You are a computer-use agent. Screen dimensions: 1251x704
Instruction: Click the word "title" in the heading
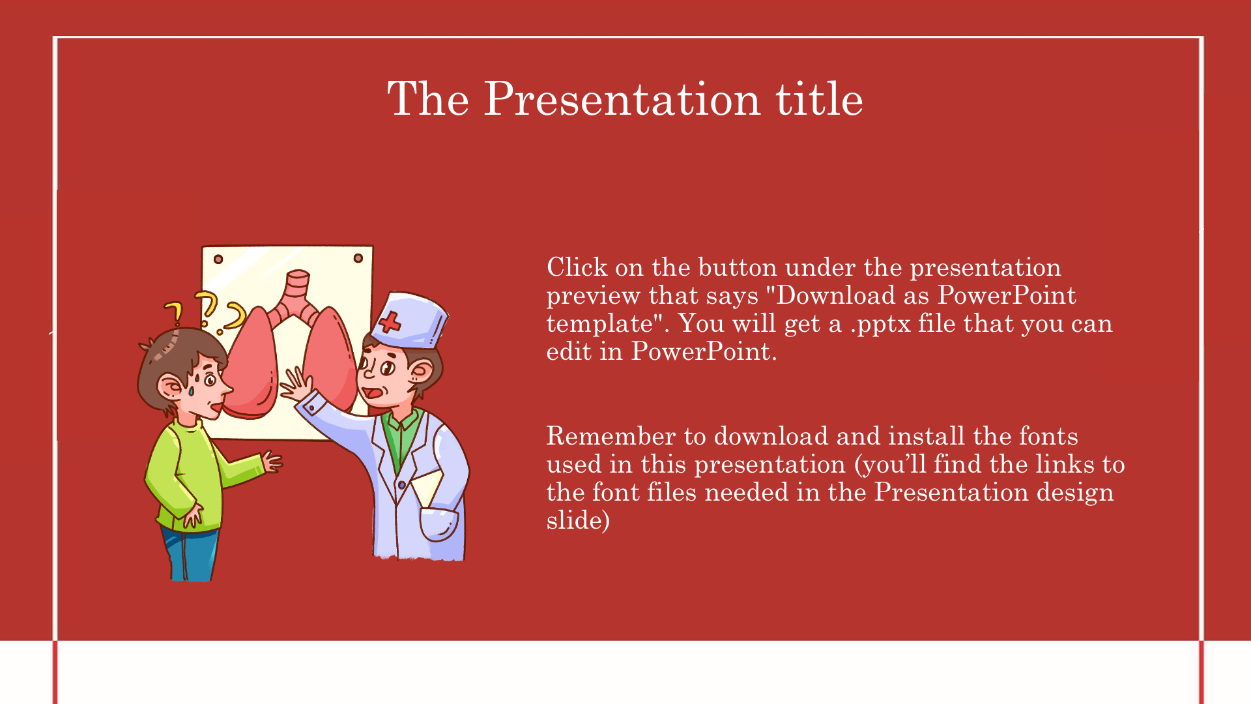(819, 98)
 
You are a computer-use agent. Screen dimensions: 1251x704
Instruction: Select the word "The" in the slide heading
(428, 98)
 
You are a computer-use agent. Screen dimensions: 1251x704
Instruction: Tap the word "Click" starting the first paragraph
(577, 267)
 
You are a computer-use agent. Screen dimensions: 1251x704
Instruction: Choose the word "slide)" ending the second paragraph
(578, 520)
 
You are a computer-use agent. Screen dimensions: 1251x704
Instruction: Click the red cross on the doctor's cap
(390, 322)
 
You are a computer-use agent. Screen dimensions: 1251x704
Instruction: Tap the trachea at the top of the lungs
(297, 287)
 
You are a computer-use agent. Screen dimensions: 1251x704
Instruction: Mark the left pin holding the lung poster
(218, 259)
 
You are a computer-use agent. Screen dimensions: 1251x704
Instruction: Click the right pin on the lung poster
(358, 258)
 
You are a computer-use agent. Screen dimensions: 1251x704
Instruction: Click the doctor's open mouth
(372, 393)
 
